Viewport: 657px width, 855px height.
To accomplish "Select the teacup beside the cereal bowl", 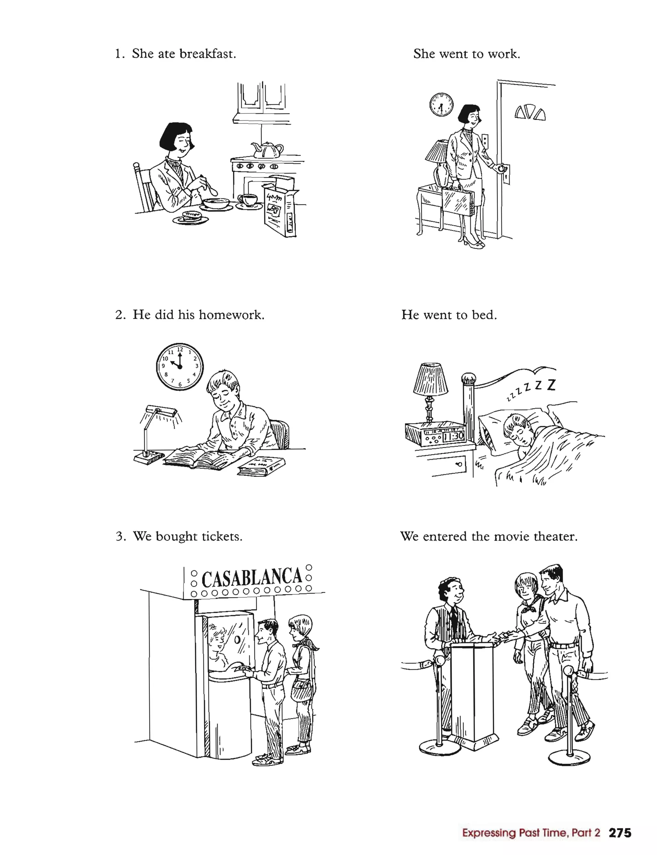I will [x=248, y=200].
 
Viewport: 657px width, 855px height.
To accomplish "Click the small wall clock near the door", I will [x=441, y=105].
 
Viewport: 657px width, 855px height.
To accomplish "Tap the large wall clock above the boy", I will [x=180, y=366].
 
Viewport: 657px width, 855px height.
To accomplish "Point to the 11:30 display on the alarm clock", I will [x=453, y=436].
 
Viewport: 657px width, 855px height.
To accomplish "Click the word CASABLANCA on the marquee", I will [x=252, y=578].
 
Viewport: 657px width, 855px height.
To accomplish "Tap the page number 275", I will [x=620, y=833].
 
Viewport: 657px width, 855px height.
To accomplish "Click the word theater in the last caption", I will [x=555, y=536].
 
